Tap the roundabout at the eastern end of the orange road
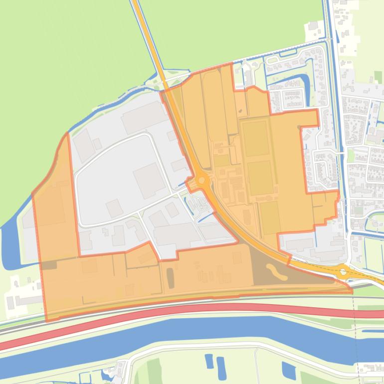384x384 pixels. pyautogui.click(x=343, y=272)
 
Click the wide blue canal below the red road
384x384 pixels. pyautogui.click(x=199, y=332)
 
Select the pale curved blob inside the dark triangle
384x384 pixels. pyautogui.click(x=273, y=271)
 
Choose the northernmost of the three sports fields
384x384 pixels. pyautogui.click(x=256, y=138)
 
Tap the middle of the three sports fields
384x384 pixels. pyautogui.click(x=260, y=178)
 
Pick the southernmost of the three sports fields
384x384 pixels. pyautogui.click(x=269, y=217)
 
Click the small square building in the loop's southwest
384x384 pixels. pyautogui.click(x=113, y=207)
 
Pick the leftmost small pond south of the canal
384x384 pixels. pyautogui.click(x=209, y=361)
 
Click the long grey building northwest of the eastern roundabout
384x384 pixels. pyautogui.click(x=298, y=244)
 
